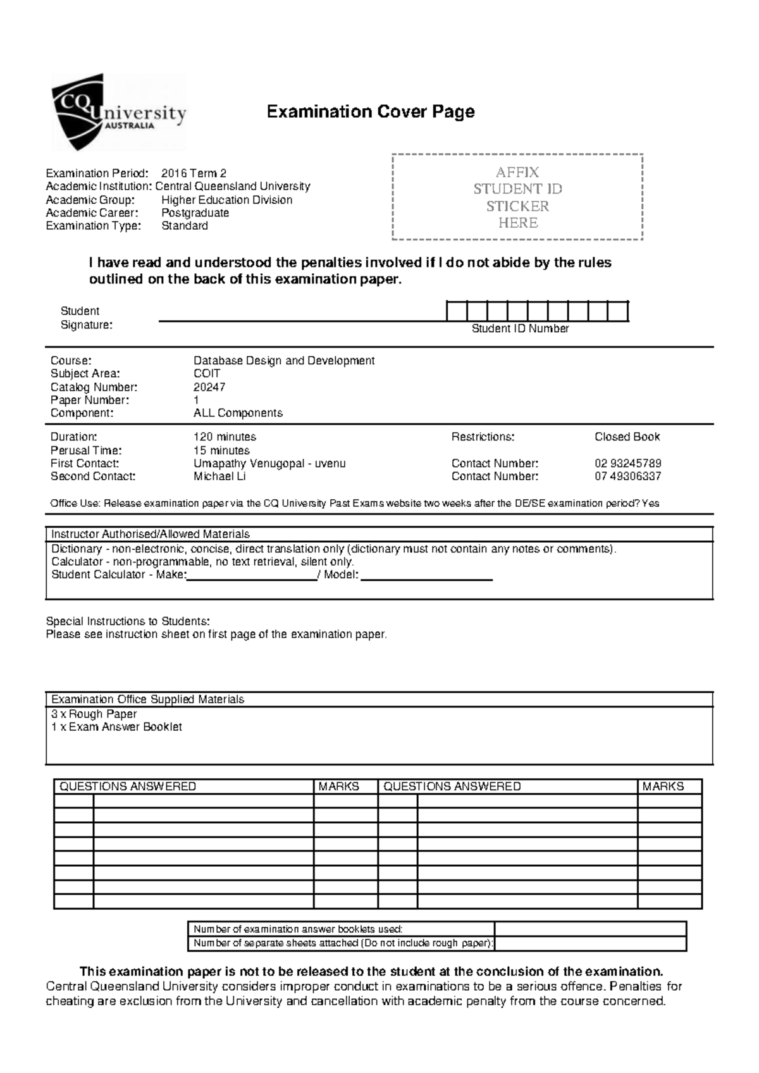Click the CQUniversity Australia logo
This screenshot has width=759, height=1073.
(118, 113)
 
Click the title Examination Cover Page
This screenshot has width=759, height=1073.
(370, 112)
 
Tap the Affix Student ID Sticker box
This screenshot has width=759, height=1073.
(517, 197)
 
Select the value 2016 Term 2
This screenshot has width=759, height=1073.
(194, 173)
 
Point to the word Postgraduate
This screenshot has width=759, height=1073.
(195, 213)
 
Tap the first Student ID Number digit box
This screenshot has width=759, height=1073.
(457, 312)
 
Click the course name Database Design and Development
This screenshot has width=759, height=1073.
(283, 361)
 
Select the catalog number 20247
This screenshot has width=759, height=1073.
(209, 387)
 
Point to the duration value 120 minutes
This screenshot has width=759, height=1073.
(225, 437)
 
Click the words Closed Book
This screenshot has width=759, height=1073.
(627, 437)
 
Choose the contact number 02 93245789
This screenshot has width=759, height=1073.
(627, 463)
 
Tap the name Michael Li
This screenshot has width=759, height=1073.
(219, 476)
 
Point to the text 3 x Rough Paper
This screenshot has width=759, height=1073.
(94, 714)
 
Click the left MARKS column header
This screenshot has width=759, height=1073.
(338, 786)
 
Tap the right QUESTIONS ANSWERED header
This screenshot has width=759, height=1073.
(452, 786)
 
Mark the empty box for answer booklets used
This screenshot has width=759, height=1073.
(590, 929)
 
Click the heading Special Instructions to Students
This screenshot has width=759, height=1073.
(127, 621)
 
